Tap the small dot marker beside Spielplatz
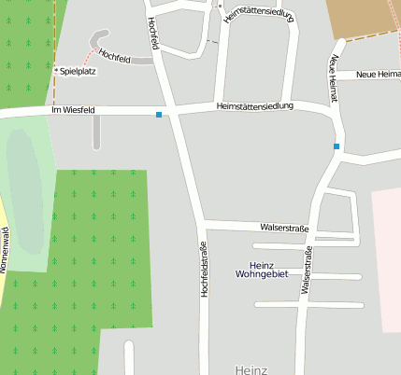click(57, 71)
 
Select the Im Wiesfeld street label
click(73, 112)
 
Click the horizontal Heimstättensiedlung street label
click(254, 106)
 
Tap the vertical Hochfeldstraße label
click(204, 269)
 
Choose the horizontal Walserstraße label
click(286, 227)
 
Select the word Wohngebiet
click(261, 274)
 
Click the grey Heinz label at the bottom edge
click(252, 368)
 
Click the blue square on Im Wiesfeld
click(159, 115)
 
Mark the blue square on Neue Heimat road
click(337, 146)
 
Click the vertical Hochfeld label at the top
click(153, 33)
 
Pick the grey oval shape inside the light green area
click(24, 191)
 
